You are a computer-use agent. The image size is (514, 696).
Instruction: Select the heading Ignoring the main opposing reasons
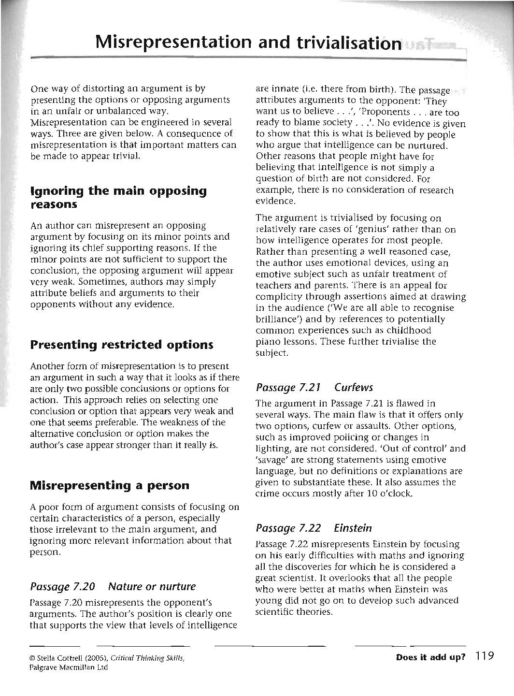[118, 197]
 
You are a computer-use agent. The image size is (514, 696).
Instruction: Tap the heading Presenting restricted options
[121, 345]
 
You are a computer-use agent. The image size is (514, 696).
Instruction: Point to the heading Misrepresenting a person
[110, 485]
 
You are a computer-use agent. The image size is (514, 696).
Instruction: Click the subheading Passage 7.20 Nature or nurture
[113, 586]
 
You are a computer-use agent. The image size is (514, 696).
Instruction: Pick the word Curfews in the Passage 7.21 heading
[354, 387]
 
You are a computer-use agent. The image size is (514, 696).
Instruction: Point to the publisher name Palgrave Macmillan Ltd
[69, 667]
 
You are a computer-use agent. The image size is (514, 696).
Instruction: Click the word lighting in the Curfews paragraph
[270, 449]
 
